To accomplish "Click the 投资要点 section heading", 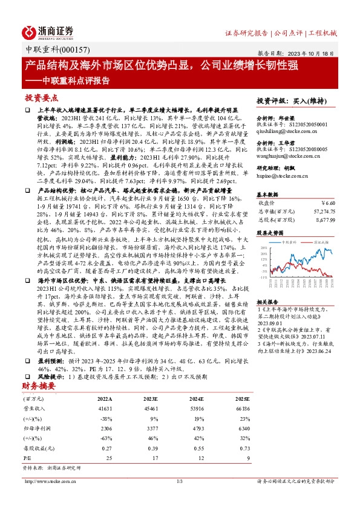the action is [x=41, y=97].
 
